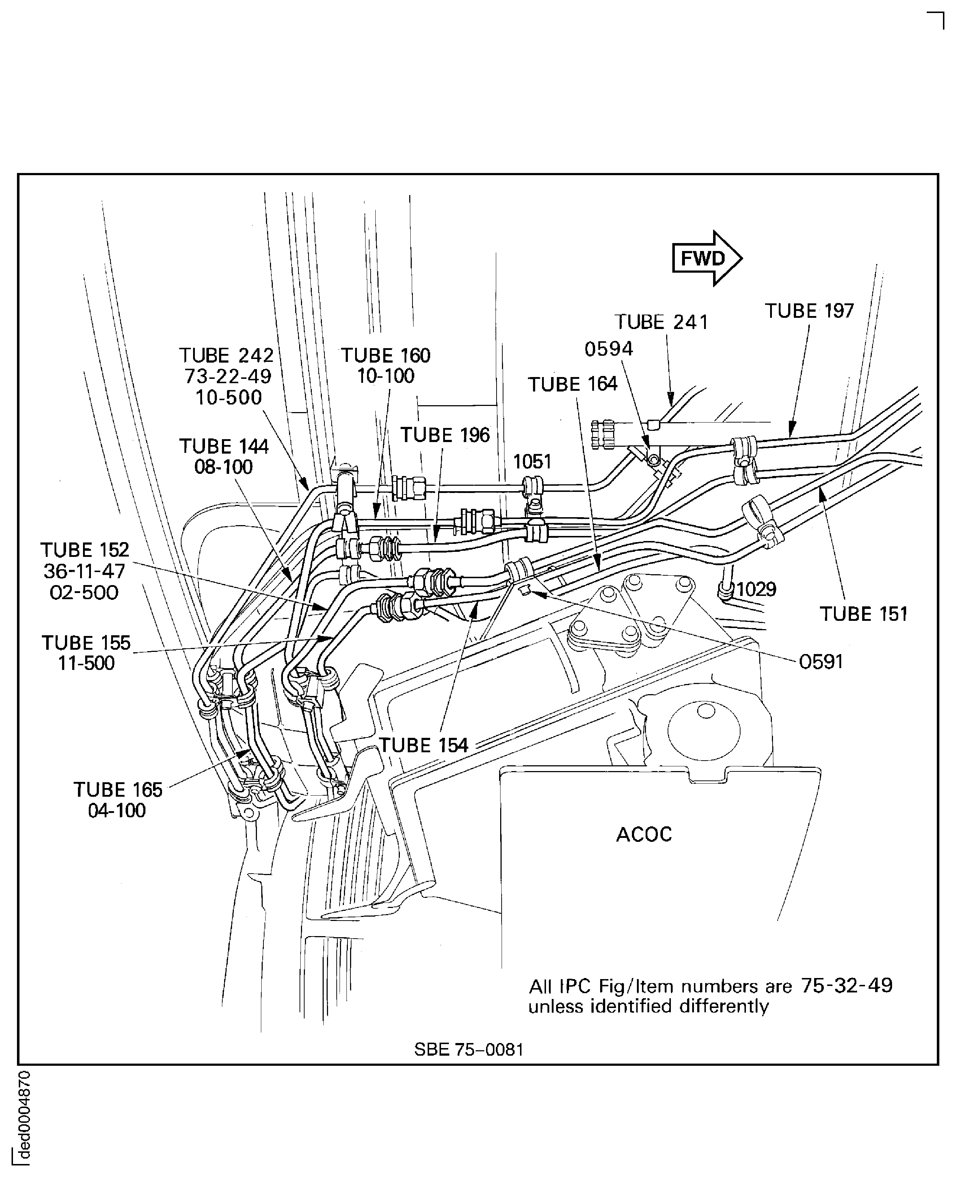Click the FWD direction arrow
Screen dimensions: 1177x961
[706, 258]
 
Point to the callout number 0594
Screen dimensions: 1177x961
[608, 349]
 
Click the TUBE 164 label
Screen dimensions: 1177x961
[572, 384]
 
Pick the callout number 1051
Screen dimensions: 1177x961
[532, 462]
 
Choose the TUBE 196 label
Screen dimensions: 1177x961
[445, 435]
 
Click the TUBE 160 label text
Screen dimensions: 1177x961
[385, 355]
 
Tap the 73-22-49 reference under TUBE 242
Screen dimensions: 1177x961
[228, 377]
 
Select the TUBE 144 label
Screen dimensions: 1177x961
[224, 446]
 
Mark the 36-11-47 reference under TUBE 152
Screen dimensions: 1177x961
[84, 571]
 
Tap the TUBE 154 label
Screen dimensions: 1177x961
[423, 745]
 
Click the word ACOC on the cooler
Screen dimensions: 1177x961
[644, 834]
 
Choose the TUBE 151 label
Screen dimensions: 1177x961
[863, 614]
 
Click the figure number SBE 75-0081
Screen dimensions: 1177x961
[468, 1049]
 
